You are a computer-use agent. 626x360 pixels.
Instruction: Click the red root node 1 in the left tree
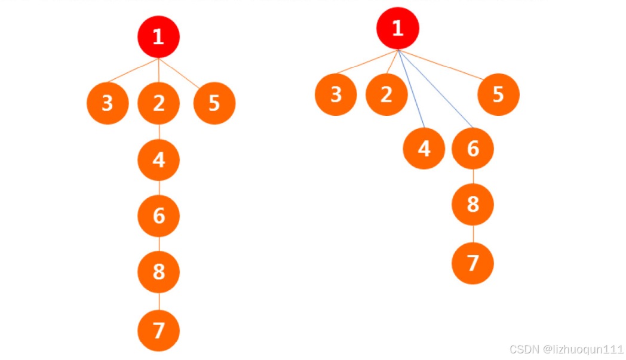tap(158, 37)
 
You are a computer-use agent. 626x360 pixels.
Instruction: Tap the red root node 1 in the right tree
tap(397, 29)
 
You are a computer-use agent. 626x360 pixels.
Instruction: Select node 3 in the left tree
tap(108, 103)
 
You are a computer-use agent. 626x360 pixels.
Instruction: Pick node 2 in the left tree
tap(158, 103)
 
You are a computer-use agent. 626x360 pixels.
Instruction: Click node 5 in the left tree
tap(214, 103)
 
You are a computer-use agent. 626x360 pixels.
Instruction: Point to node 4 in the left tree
tap(158, 159)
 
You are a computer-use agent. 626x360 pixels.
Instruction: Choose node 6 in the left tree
tap(158, 216)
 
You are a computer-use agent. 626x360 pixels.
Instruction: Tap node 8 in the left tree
tap(158, 272)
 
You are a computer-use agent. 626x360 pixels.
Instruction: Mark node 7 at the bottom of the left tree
tap(158, 330)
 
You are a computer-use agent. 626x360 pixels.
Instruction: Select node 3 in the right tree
tap(336, 94)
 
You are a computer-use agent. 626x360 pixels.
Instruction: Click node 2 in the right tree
tap(386, 94)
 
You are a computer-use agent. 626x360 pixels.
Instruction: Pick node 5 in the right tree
tap(498, 94)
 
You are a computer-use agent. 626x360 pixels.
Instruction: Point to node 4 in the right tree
tap(424, 148)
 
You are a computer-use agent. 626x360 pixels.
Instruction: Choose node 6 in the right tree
tap(472, 148)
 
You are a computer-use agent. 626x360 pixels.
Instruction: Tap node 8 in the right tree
tap(472, 204)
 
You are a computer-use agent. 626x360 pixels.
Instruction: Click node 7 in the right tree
tap(472, 263)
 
